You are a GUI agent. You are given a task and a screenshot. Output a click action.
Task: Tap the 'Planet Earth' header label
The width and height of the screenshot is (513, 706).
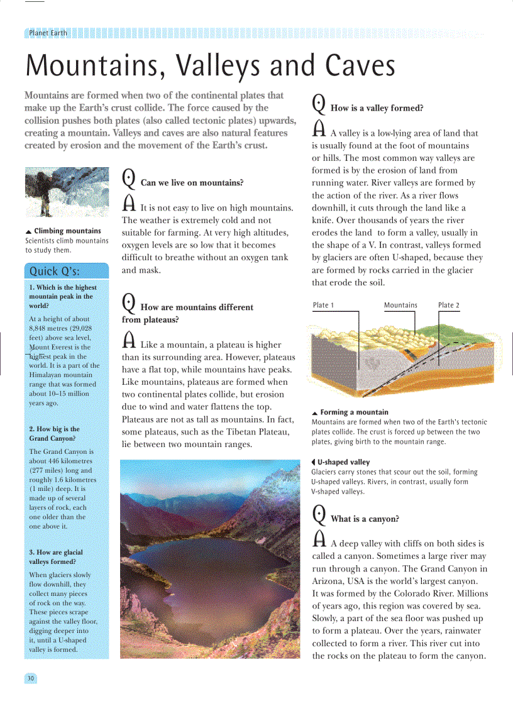point(48,33)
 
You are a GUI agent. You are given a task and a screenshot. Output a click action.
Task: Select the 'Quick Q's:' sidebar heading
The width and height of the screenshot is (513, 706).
point(54,272)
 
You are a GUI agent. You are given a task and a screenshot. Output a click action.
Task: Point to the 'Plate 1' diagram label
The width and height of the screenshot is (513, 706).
point(323,305)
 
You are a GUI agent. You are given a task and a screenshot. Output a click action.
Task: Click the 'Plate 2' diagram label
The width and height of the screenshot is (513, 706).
point(448,305)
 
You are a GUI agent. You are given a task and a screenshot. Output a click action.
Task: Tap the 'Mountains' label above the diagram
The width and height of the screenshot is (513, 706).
point(400,305)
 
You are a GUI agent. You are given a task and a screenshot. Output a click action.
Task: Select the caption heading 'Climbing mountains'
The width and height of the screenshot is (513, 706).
point(67,231)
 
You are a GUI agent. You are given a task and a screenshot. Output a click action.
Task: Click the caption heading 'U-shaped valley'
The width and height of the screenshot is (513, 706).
point(343,462)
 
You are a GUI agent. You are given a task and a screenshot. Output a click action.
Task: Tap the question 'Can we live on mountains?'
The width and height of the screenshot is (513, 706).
point(192,183)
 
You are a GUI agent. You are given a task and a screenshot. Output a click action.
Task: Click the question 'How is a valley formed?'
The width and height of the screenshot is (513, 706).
point(377,108)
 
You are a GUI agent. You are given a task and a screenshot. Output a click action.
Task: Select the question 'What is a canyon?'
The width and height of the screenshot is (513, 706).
point(365,519)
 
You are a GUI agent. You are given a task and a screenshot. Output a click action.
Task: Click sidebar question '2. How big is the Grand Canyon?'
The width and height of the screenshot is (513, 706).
point(55,433)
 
